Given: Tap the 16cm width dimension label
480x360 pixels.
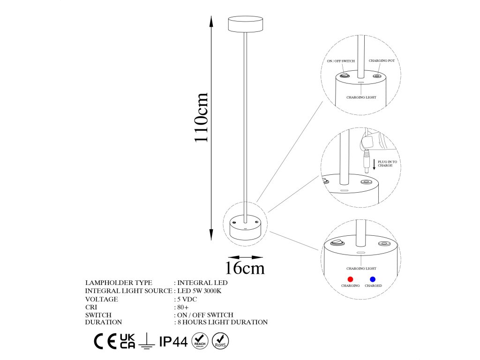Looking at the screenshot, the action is pos(244,268).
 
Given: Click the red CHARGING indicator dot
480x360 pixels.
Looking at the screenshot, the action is pos(350,279).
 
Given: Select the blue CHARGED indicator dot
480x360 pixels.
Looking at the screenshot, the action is pos(373,279).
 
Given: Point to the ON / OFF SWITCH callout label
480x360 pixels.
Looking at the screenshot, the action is pos(341,61).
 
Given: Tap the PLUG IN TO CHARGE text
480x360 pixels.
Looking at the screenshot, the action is pos(387,164).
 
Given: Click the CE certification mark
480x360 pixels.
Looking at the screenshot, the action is pos(105,342).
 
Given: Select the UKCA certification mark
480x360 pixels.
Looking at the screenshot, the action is pos(127,341).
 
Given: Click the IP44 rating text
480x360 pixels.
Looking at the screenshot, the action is pos(173,342).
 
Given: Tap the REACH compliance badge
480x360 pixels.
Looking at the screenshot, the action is pos(200,341).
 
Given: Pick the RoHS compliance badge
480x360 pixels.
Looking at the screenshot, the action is pos(220,341).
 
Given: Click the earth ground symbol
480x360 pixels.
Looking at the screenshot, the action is pos(147,342).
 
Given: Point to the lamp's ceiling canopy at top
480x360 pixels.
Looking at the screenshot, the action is pos(246,24).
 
